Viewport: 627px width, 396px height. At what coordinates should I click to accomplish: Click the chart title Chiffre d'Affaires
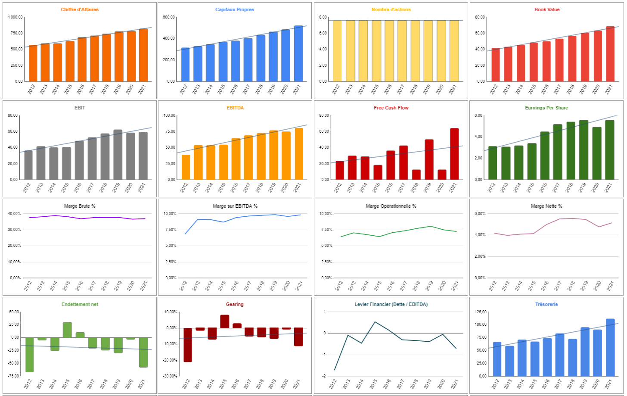coord(80,9)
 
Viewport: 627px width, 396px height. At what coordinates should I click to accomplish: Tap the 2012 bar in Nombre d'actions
coord(337,51)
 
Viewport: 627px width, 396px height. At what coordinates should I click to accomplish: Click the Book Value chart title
coord(547,9)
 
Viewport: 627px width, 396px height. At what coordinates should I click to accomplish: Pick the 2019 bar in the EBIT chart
coord(118,155)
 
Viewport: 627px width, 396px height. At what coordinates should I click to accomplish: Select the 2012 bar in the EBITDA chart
coord(186,167)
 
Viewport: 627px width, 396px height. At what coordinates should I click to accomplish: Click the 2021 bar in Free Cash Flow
coord(454,154)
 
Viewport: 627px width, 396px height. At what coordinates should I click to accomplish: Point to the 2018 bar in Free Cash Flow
coord(416,175)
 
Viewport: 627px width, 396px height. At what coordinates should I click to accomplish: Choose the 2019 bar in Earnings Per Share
coord(584,150)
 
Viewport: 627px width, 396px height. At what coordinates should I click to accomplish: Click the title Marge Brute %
coord(80,206)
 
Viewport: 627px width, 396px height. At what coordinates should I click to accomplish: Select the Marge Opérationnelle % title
coord(391,206)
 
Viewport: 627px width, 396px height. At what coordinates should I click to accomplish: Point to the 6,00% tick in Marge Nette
coord(480,214)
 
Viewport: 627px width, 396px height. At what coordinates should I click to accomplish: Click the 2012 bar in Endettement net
coord(29,354)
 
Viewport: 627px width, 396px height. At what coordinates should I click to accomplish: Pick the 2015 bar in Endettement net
coord(67,330)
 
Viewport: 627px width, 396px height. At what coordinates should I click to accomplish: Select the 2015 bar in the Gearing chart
coord(224,321)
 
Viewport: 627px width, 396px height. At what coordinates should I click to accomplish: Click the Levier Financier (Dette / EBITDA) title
coord(391,304)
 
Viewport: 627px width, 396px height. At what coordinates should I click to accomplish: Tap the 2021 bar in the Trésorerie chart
coord(610,347)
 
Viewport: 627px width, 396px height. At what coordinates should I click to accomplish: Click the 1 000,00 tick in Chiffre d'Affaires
coord(15,17)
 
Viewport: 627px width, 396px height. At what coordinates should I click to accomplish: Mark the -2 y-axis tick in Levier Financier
coord(324,376)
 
